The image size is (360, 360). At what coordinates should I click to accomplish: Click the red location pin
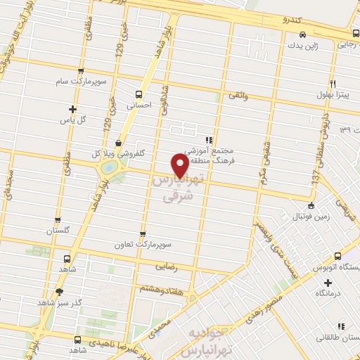pos(180,165)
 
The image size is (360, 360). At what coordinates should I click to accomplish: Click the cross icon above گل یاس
pos(72,108)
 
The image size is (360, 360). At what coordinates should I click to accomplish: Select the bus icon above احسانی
pos(139,93)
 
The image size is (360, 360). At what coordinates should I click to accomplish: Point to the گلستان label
pos(60,230)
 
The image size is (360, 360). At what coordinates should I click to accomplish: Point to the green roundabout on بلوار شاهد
pos(109,169)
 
